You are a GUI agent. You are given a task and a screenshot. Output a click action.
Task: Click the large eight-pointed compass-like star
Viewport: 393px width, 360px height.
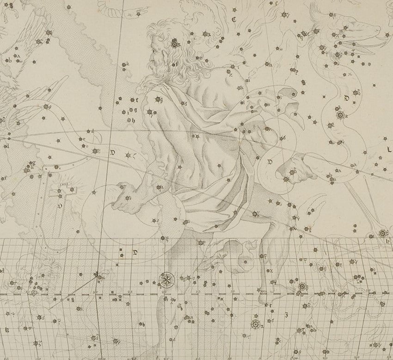tap(165, 279)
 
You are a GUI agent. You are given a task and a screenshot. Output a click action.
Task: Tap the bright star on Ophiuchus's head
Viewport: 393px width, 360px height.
tap(175, 43)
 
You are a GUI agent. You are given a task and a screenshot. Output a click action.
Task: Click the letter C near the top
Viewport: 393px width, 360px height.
tap(234, 19)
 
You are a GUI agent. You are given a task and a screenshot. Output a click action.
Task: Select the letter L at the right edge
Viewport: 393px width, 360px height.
tap(389, 149)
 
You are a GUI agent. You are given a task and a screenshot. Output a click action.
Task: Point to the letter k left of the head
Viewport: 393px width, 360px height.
tap(129, 64)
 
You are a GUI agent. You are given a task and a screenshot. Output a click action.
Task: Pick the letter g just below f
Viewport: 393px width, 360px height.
tap(135, 109)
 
